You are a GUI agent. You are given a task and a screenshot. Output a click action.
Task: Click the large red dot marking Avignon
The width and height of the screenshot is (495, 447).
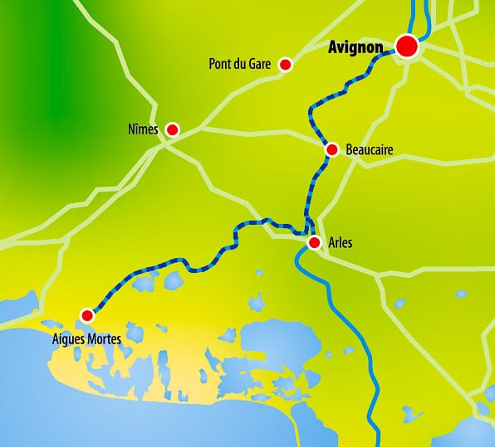(x=406, y=46)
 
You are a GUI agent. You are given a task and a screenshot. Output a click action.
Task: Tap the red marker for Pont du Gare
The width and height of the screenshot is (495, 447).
(x=286, y=65)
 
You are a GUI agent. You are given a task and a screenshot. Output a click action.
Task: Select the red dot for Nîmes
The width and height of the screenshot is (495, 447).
(x=173, y=129)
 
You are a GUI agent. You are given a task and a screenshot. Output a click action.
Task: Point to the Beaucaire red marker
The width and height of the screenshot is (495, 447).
(x=332, y=149)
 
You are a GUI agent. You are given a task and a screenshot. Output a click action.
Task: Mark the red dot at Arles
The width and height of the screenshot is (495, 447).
(x=314, y=243)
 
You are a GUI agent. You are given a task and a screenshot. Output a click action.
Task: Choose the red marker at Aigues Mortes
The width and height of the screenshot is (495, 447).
(x=86, y=314)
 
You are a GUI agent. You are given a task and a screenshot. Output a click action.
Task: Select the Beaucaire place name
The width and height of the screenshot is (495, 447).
(x=369, y=150)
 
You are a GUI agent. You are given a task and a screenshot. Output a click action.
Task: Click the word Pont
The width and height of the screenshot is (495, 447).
(x=222, y=65)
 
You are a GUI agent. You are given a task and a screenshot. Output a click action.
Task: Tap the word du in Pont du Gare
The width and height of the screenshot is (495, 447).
(x=243, y=65)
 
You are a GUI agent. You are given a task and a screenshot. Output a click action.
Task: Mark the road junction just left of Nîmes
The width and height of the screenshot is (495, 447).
(x=164, y=141)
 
